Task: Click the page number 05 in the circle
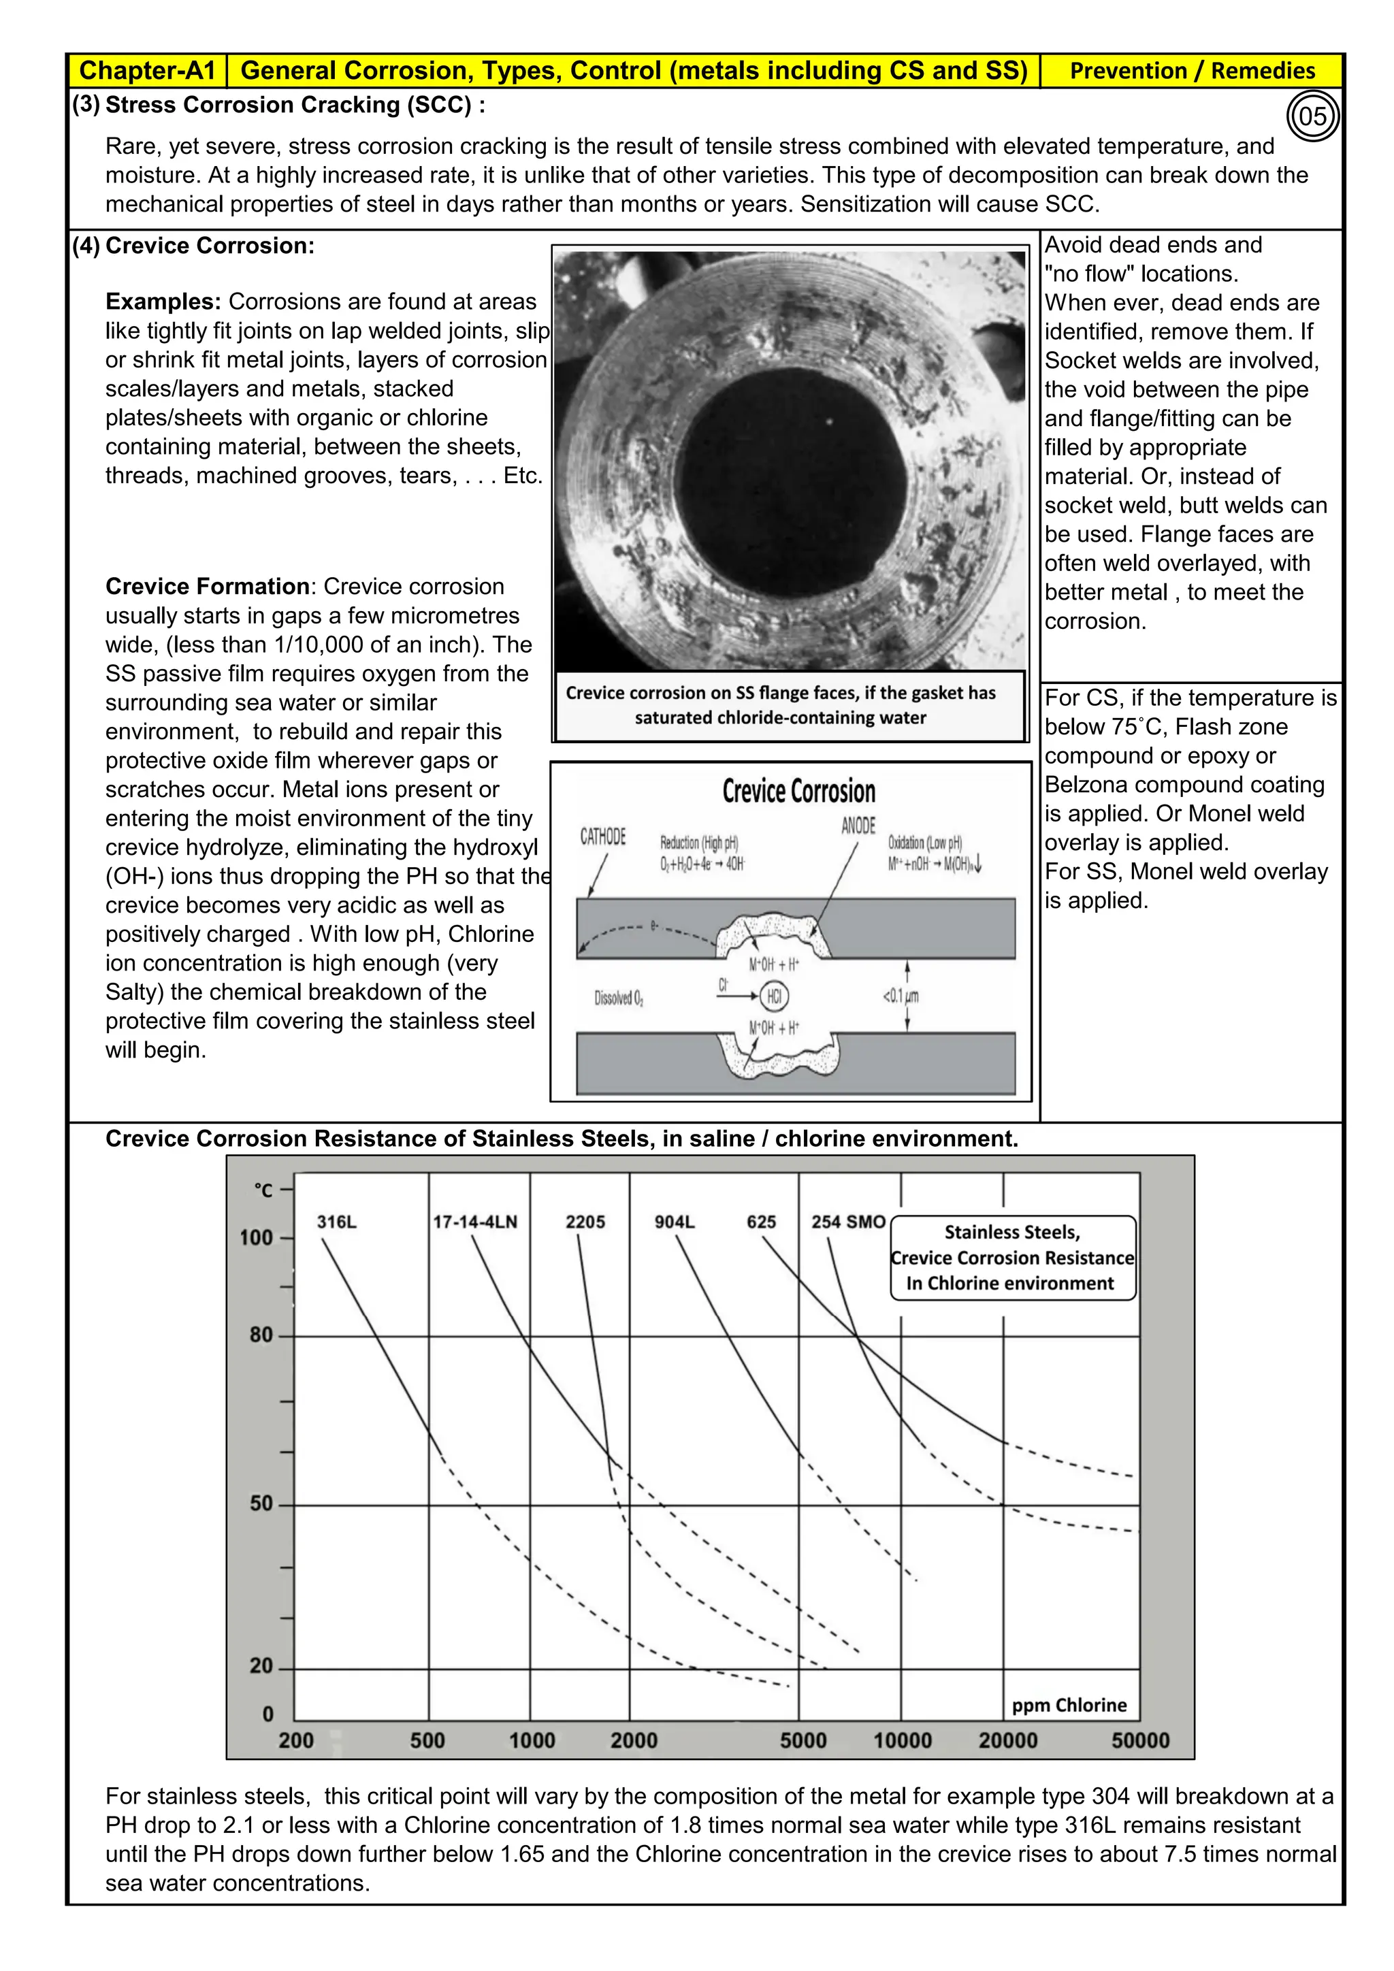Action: coord(1312,116)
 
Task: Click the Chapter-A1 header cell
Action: coord(147,70)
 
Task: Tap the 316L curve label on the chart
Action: coord(336,1222)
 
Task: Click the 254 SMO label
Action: coord(848,1222)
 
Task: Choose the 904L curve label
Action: coord(675,1222)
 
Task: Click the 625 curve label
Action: coord(762,1222)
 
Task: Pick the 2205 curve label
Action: coord(585,1222)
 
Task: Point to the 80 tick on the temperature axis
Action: coord(261,1335)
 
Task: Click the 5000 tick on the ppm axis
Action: coord(803,1740)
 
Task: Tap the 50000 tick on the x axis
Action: coord(1140,1740)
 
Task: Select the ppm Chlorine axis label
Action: coord(1069,1705)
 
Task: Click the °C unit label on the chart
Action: coord(263,1190)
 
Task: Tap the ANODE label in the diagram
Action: coord(858,826)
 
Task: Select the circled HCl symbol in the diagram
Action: coord(774,996)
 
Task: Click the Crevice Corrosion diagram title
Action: coord(798,791)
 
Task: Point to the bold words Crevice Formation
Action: coord(207,586)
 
